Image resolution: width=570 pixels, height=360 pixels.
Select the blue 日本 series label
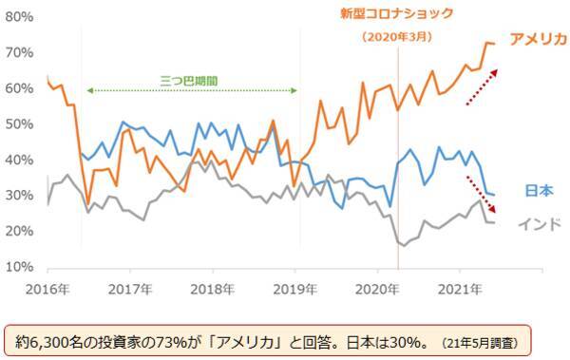click(x=539, y=191)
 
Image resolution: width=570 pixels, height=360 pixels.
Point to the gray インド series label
click(x=540, y=224)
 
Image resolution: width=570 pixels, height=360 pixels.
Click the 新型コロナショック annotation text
click(x=397, y=14)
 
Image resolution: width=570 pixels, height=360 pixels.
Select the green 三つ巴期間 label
click(x=191, y=80)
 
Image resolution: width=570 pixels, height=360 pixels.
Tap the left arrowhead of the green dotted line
click(x=88, y=90)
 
